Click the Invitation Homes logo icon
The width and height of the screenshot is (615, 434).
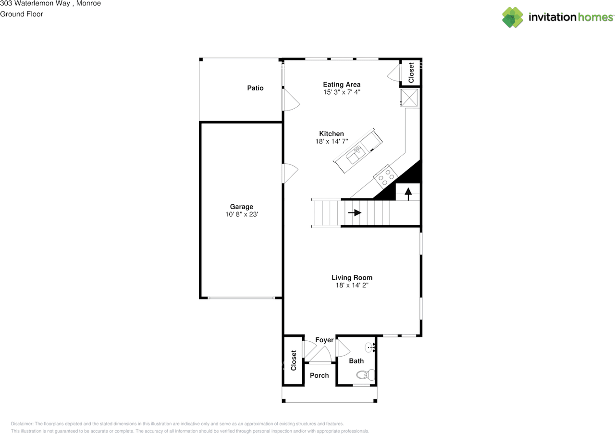[x=513, y=17]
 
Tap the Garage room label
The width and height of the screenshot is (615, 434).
[x=241, y=207]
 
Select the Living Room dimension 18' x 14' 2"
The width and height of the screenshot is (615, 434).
[x=352, y=285]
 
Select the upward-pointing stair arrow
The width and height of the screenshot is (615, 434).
[x=408, y=193]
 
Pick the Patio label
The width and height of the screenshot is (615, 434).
[x=255, y=88]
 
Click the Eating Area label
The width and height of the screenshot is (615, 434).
[x=342, y=85]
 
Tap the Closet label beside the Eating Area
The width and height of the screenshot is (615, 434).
[x=411, y=73]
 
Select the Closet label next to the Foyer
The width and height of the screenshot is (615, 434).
[x=294, y=360]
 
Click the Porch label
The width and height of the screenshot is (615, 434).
[x=319, y=375]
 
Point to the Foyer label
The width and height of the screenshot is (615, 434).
[x=324, y=340]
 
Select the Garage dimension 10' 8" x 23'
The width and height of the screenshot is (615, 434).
[x=241, y=215]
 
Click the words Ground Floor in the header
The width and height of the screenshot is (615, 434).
[x=22, y=14]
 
